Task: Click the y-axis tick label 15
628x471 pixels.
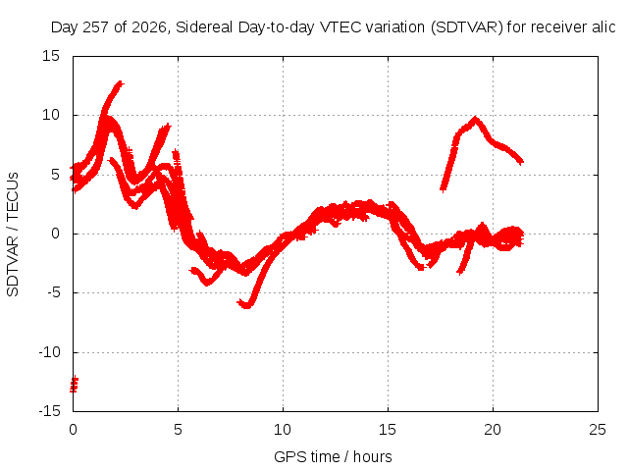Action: coord(51,56)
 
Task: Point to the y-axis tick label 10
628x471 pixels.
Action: coord(51,116)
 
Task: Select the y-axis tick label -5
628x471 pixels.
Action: coord(54,292)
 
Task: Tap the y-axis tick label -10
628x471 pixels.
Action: coord(50,352)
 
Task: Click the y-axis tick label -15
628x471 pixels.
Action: coord(50,411)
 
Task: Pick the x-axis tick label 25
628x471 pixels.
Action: coord(598,430)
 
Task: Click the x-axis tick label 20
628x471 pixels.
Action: coord(493,430)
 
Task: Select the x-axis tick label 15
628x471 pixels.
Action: coord(388,430)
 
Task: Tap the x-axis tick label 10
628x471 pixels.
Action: coord(283,430)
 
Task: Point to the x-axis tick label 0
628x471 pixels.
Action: coord(73,430)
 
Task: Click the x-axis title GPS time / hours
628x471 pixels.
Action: coord(333,457)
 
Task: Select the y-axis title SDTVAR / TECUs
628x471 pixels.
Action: coord(13,235)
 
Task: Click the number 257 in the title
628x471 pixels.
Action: coord(96,27)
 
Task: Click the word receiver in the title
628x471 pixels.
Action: coord(558,27)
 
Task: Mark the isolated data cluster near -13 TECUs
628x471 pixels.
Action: coord(74,385)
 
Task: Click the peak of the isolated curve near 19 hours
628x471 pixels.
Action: coord(475,119)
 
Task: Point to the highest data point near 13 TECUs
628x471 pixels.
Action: coord(120,83)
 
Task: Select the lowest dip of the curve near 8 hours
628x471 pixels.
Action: coord(246,306)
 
